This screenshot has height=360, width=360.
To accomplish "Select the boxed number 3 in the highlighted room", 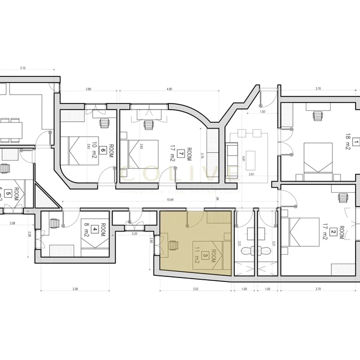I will (x=206, y=255).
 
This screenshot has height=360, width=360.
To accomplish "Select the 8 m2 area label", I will (x=86, y=227).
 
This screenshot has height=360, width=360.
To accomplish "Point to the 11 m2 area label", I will (x=197, y=255).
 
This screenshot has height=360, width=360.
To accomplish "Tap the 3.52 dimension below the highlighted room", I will (x=195, y=289).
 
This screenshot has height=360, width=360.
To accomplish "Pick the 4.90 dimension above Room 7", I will (x=169, y=89).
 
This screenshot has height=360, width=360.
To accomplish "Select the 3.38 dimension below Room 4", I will (x=74, y=289).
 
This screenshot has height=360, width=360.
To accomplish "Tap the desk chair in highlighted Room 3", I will (x=173, y=244).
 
